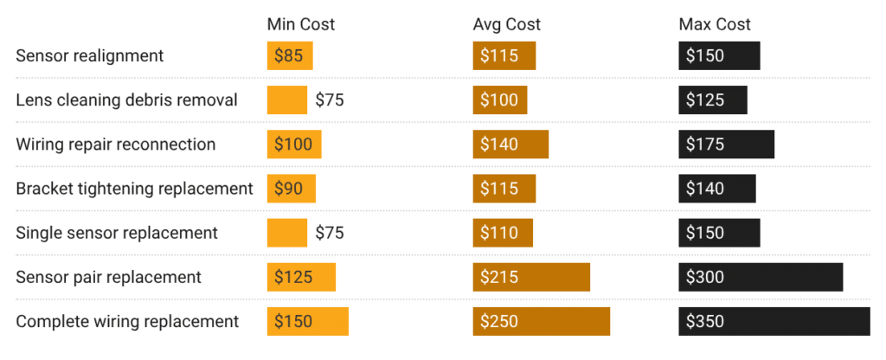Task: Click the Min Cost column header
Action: [300, 24]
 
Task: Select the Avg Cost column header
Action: [506, 24]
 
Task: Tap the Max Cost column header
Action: [715, 24]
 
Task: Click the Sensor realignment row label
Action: [90, 55]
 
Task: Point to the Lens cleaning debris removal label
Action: [126, 100]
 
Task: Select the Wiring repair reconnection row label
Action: [116, 144]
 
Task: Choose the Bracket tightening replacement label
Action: [134, 188]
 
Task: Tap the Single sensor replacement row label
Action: [117, 233]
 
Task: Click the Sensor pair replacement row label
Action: [108, 277]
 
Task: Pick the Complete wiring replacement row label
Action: [127, 321]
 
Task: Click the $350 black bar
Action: [774, 321]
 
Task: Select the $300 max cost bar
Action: [761, 277]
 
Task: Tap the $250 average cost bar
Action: [541, 321]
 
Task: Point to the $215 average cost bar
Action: [531, 277]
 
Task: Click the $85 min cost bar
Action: [290, 55]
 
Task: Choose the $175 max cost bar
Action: [726, 144]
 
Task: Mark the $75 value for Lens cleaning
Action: [329, 100]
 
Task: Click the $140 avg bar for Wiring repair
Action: [510, 144]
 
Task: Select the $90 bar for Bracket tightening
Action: [292, 188]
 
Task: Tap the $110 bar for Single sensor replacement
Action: [503, 233]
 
